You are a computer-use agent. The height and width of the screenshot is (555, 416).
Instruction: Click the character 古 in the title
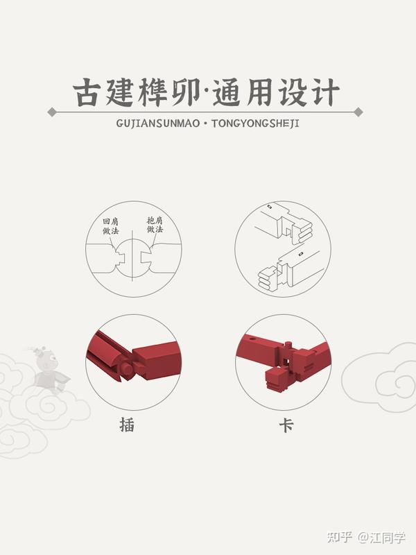click(x=85, y=93)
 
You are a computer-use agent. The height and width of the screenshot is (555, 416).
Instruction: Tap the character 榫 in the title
click(x=153, y=93)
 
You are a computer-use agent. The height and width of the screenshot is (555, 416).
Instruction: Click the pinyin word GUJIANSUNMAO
click(x=158, y=123)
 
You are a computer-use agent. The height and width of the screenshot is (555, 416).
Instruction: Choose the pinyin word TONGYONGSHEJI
click(x=255, y=123)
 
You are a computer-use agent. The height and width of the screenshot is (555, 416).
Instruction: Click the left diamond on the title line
click(x=52, y=112)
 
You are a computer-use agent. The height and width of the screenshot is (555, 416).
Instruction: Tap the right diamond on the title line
click(x=358, y=112)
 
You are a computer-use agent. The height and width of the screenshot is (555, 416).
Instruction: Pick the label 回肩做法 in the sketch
click(x=111, y=227)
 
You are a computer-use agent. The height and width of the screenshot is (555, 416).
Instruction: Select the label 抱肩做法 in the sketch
click(x=155, y=225)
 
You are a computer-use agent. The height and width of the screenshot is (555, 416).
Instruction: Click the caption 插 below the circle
click(x=127, y=425)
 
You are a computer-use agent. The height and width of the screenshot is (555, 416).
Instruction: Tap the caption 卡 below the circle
click(x=286, y=425)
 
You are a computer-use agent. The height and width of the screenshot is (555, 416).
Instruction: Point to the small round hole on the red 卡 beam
click(x=252, y=339)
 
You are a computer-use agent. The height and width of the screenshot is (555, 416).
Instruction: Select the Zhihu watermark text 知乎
click(x=340, y=537)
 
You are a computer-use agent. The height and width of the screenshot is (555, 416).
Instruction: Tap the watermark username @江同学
click(x=381, y=537)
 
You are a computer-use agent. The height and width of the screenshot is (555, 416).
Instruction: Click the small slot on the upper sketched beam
click(x=270, y=207)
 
